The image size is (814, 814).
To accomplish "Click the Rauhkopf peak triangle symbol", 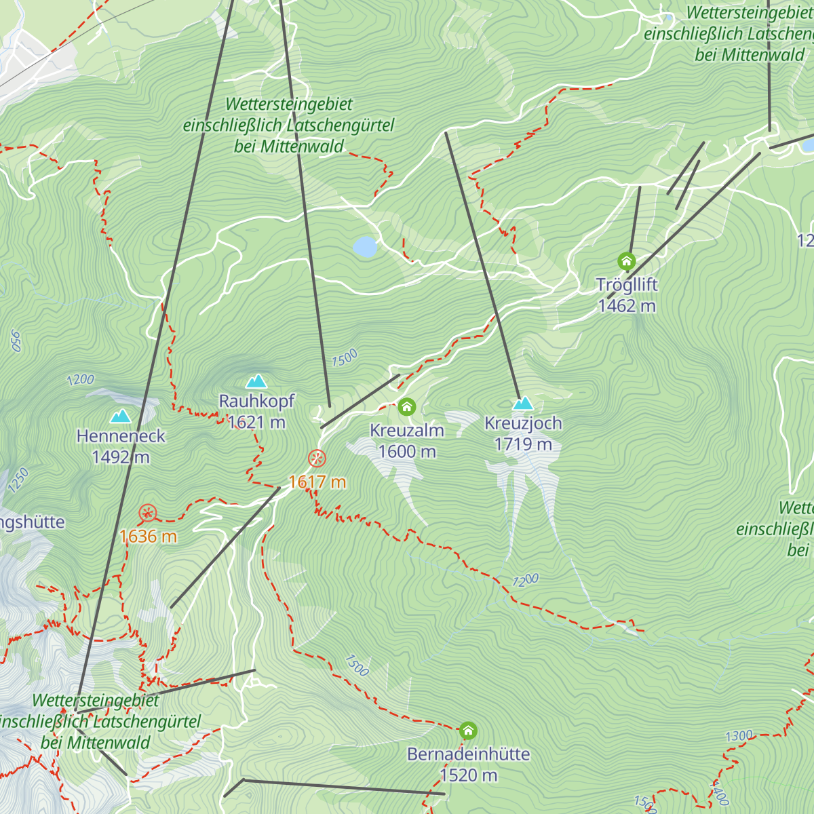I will click(x=256, y=381).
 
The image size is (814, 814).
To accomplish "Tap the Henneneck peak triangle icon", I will click(x=121, y=416).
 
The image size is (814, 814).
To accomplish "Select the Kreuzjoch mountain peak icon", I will click(x=522, y=404).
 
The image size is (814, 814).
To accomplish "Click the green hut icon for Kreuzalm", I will click(x=406, y=407).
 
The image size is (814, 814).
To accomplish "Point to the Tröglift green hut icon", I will click(x=626, y=261).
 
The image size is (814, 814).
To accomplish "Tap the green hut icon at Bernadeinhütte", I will click(x=468, y=731).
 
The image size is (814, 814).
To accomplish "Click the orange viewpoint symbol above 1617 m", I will click(x=317, y=459).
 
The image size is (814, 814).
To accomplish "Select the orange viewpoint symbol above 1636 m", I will click(x=147, y=513).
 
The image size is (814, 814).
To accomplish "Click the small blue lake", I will click(x=365, y=247).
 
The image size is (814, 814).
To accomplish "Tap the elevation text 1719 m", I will click(x=523, y=444).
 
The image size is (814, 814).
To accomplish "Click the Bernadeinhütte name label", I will click(x=468, y=754).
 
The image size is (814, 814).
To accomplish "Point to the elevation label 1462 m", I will click(x=627, y=306).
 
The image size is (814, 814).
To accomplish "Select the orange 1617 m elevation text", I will click(x=317, y=482).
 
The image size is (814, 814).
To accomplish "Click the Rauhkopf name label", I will click(x=256, y=401).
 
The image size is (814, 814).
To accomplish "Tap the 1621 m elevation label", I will click(x=256, y=422).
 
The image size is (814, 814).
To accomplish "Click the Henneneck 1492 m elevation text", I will click(x=121, y=457).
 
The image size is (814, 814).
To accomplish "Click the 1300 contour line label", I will click(x=739, y=736).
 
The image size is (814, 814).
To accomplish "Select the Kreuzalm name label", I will click(x=406, y=430).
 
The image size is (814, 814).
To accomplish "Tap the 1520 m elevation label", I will click(x=468, y=775).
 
